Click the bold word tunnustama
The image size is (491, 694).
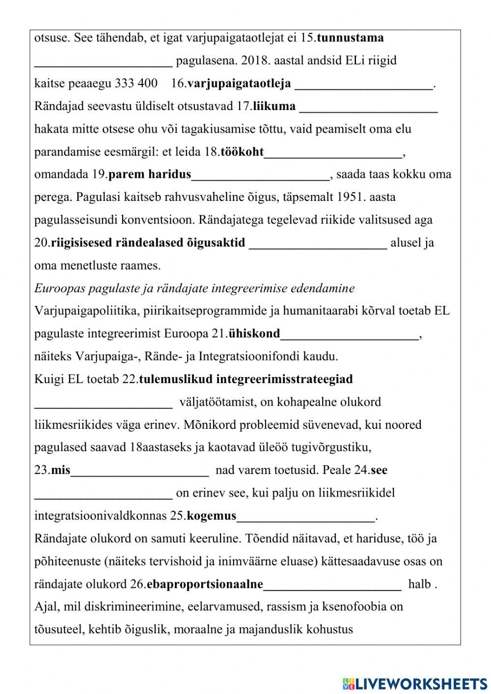(350, 38)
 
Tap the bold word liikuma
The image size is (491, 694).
(274, 106)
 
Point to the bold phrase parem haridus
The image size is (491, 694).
(149, 174)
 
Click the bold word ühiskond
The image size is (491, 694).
(254, 334)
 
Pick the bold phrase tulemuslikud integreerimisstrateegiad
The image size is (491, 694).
(246, 379)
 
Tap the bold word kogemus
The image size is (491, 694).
(212, 516)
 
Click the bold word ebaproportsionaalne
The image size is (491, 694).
(205, 584)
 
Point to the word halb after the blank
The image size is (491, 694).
(419, 584)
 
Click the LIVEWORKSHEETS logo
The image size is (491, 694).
(414, 683)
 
